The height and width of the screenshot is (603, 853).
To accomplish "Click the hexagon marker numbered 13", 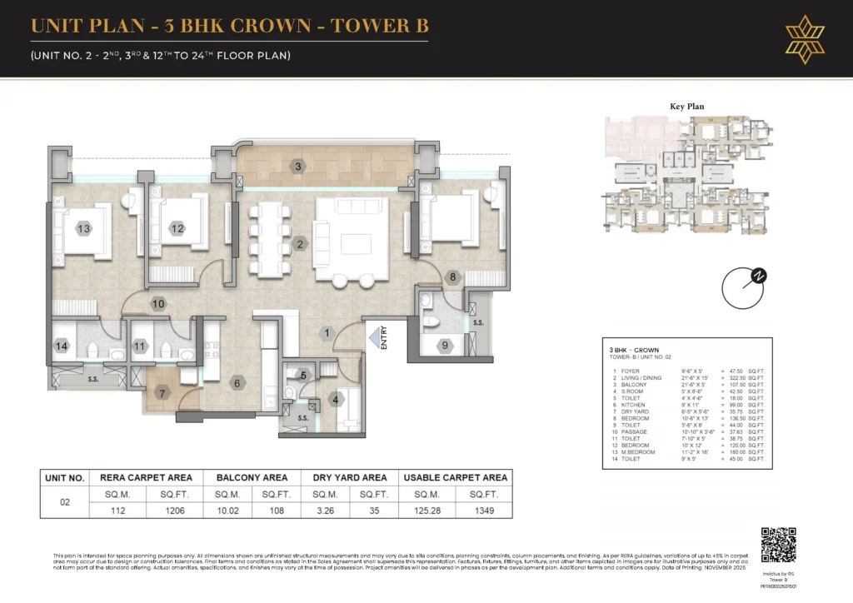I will [83, 229].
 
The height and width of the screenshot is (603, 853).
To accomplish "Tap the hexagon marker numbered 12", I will [177, 229].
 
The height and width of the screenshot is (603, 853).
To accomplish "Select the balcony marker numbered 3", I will [297, 167].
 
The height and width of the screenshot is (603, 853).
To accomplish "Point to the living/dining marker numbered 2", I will [300, 244].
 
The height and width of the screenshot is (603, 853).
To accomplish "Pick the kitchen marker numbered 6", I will [237, 383].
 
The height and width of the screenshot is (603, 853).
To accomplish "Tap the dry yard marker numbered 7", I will [163, 392].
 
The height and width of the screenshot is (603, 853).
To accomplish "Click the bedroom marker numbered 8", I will [453, 277].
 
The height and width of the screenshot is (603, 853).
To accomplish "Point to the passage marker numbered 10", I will [158, 304].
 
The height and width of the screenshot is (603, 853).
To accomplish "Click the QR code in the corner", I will [779, 545].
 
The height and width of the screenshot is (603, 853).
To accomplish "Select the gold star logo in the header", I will [803, 38].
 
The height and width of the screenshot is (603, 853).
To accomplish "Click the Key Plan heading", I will [687, 107].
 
